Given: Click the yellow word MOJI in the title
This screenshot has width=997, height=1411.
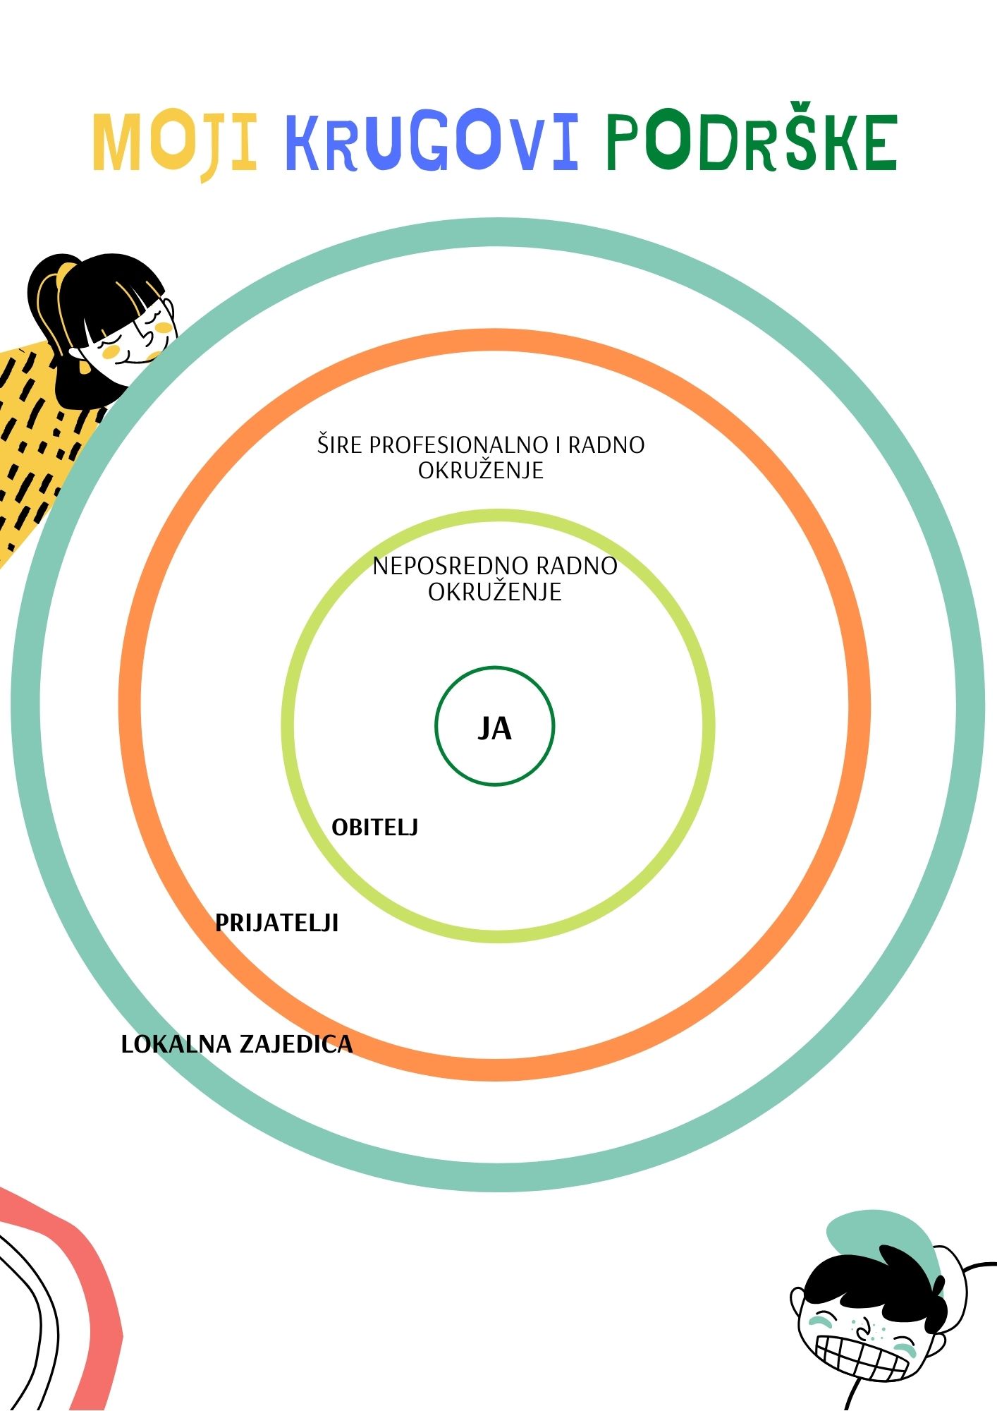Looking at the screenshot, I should point(174,143).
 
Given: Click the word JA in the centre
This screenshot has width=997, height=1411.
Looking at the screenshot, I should point(494,728).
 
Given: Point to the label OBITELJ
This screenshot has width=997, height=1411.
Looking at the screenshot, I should point(374,828).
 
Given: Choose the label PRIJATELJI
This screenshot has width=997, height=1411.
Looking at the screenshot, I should point(276,923).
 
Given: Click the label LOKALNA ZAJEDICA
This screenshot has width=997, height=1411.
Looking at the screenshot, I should point(236,1044).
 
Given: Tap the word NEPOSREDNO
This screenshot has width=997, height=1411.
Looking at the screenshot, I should point(450,566).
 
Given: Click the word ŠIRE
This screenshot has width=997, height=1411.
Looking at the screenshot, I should point(340,445).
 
